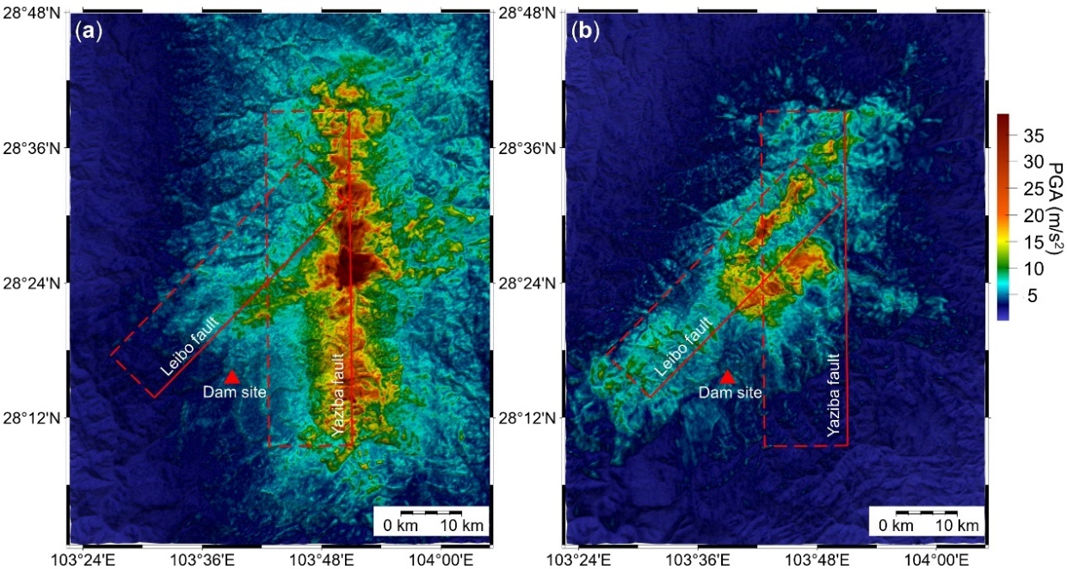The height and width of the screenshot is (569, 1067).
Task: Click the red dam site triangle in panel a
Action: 231,377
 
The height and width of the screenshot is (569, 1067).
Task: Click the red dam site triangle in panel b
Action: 727,377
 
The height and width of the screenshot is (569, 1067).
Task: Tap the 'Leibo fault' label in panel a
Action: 190,346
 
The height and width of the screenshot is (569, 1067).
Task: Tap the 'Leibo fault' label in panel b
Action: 686,346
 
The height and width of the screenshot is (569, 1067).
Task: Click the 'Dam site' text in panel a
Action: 234,393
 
